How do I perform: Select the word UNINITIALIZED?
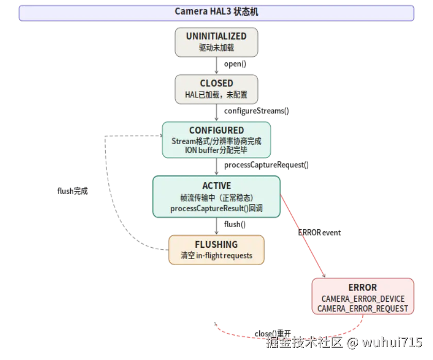[216, 36]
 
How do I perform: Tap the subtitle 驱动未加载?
[216, 48]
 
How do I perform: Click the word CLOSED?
[216, 83]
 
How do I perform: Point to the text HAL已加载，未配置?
[216, 95]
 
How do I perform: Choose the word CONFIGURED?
[216, 130]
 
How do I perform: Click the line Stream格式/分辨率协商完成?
[216, 141]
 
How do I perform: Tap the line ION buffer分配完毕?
[216, 150]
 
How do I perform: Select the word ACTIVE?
[216, 185]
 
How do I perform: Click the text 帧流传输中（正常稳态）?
[216, 198]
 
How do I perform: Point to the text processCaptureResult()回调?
[216, 209]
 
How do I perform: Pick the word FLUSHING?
[216, 244]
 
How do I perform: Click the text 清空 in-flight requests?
[216, 255]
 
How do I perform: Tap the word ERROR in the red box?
[362, 287]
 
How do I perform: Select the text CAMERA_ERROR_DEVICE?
[362, 299]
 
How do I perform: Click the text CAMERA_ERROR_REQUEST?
[362, 308]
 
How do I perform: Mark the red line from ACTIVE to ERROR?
[302, 234]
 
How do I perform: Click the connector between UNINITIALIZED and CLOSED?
[216, 65]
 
